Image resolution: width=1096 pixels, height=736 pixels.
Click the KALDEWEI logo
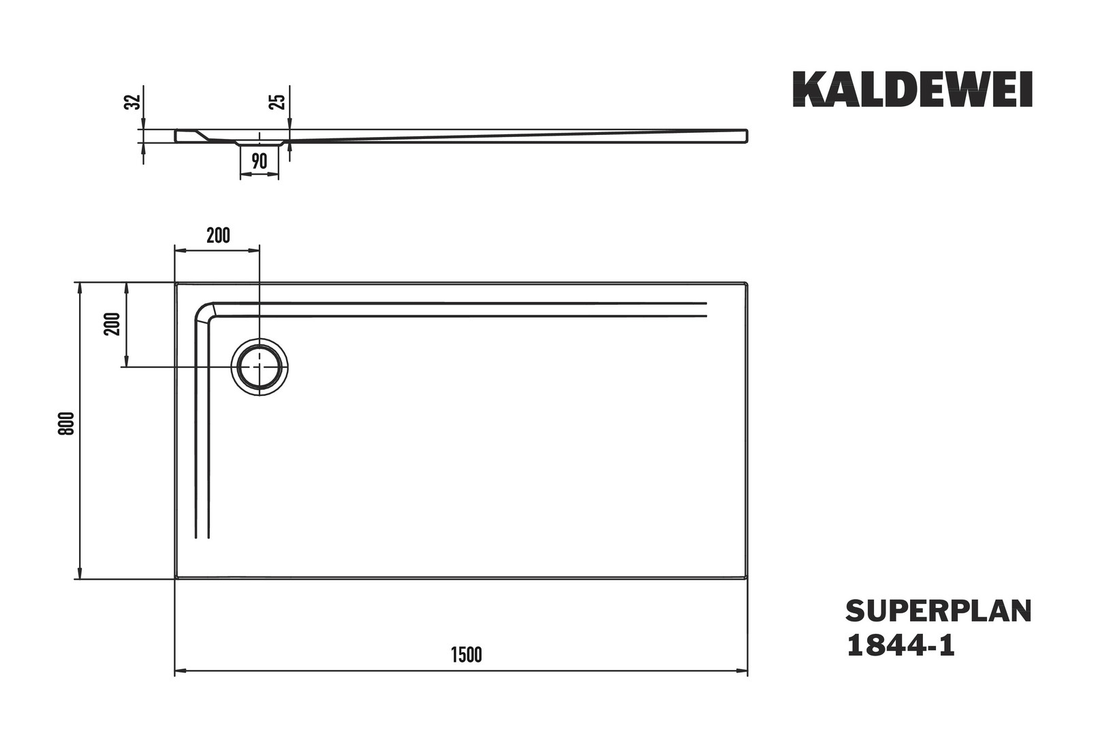click(912, 89)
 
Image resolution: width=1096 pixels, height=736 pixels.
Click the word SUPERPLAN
click(938, 611)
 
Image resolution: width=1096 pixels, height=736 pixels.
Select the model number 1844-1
click(900, 645)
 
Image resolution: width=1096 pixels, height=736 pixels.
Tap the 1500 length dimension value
click(466, 655)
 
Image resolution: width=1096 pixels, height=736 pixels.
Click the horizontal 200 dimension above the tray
click(218, 236)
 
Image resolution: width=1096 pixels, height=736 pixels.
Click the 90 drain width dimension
click(259, 162)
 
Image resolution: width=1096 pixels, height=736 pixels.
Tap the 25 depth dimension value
click(277, 102)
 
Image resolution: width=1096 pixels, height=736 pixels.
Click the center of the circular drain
click(260, 367)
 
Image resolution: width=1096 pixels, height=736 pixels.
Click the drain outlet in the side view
click(260, 143)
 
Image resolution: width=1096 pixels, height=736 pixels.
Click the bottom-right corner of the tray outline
click(747, 578)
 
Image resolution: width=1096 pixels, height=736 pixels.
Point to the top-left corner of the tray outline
click(176, 283)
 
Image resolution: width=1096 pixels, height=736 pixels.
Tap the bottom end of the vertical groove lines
click(202, 537)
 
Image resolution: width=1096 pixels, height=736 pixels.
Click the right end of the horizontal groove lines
click(706, 309)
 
